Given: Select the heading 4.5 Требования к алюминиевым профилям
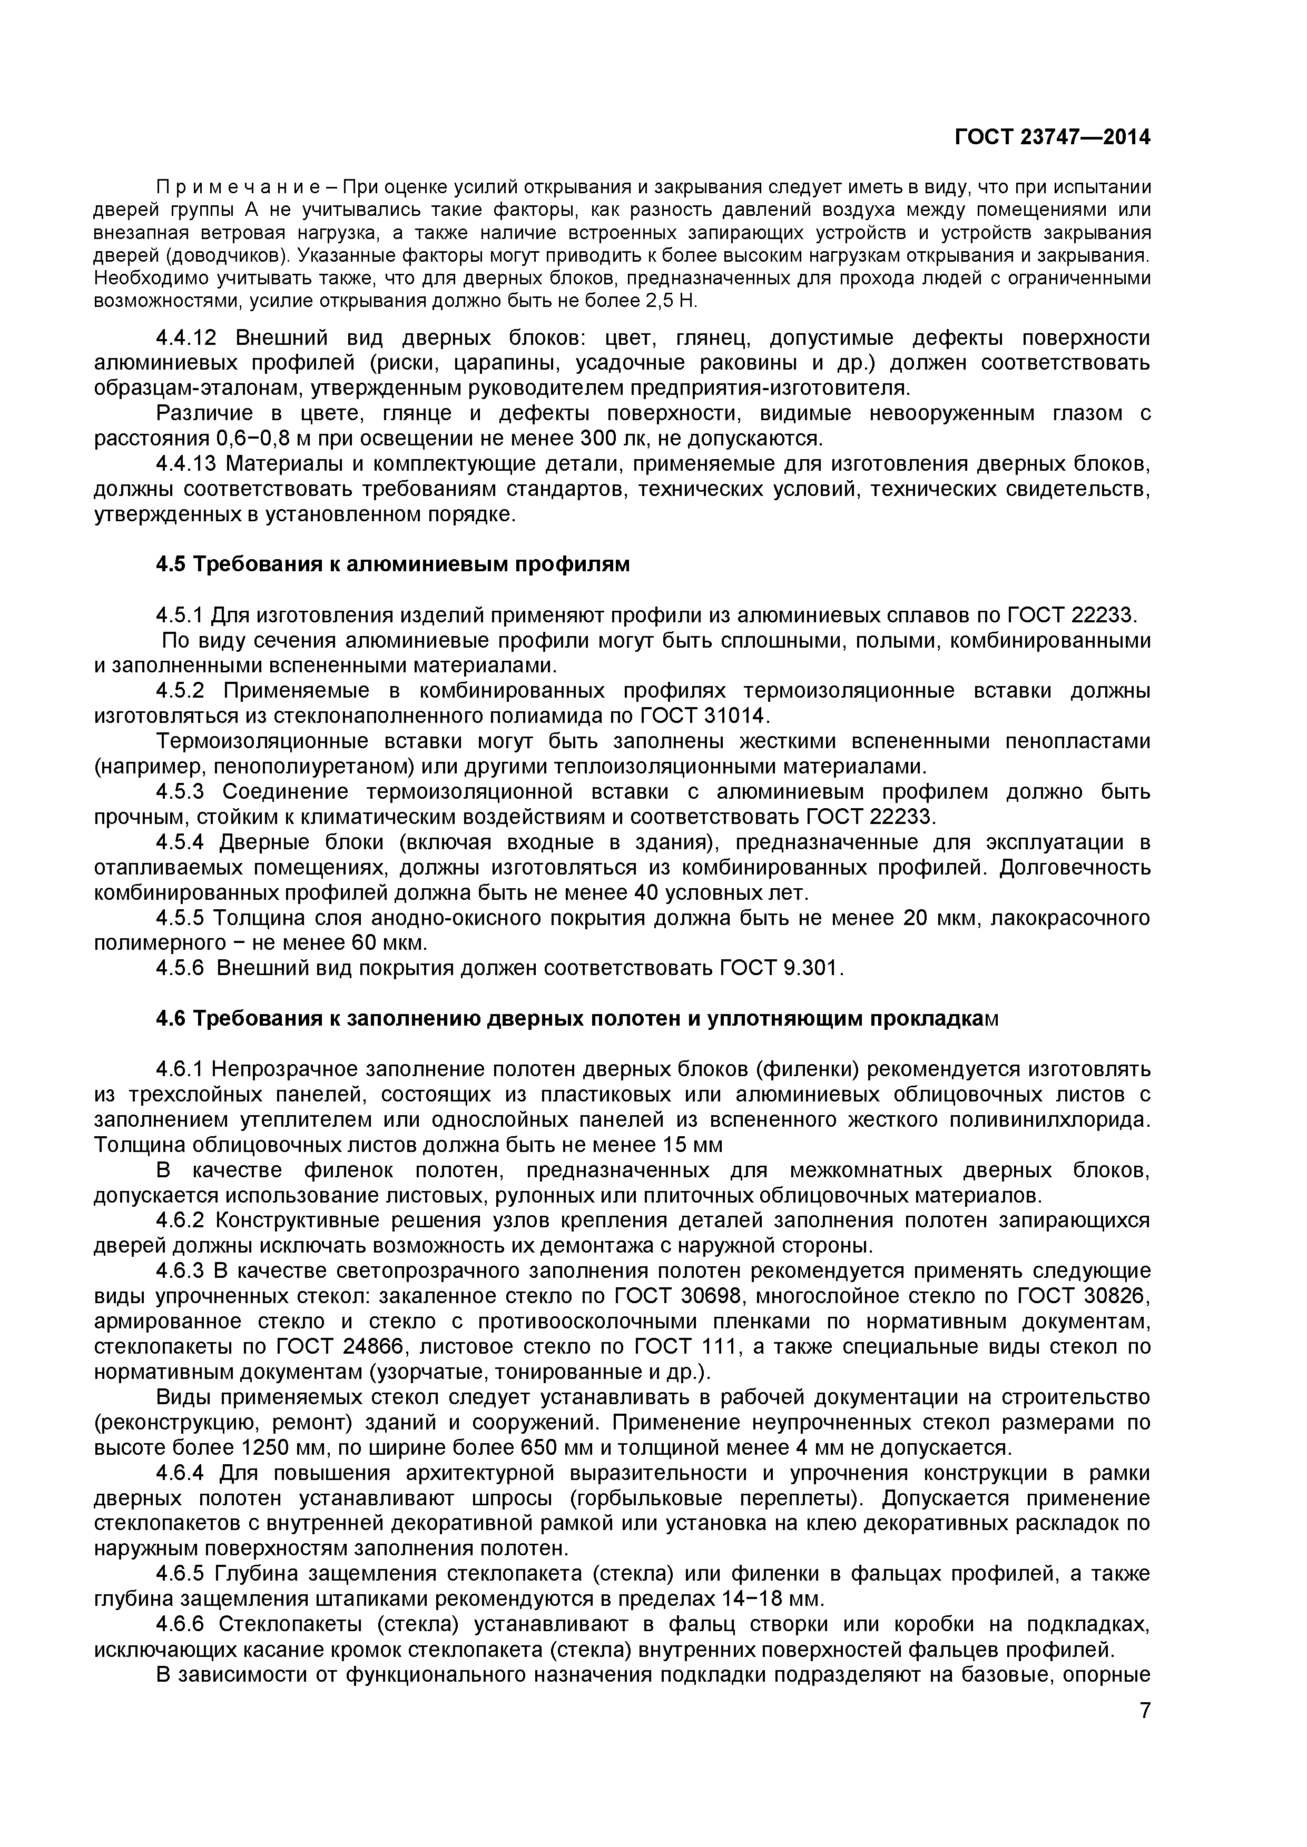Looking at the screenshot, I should pyautogui.click(x=393, y=565).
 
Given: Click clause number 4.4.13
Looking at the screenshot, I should pyautogui.click(x=189, y=464).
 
